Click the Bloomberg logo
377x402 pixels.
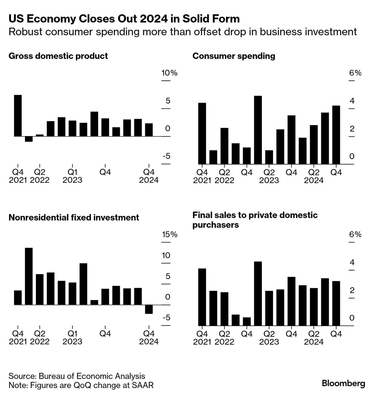point(343,383)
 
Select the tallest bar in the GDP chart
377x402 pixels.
point(18,116)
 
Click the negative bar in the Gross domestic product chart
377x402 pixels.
point(29,139)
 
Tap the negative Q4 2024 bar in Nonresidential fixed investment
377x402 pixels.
point(149,309)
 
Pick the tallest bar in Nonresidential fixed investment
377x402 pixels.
point(29,276)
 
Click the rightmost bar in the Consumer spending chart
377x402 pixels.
point(336,135)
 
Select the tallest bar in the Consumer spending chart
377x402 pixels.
point(258,130)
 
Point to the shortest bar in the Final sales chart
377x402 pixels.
point(247,322)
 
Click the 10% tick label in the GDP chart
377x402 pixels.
point(169,73)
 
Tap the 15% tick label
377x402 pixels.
point(169,234)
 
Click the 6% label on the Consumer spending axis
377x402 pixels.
point(355,73)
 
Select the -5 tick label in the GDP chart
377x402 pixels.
point(166,157)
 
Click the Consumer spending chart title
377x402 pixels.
point(234,56)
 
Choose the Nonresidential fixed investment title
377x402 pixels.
point(74,217)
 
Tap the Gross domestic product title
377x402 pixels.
point(58,56)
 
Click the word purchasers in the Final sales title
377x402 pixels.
point(215,225)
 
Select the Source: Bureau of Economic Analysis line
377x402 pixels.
point(77,376)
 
